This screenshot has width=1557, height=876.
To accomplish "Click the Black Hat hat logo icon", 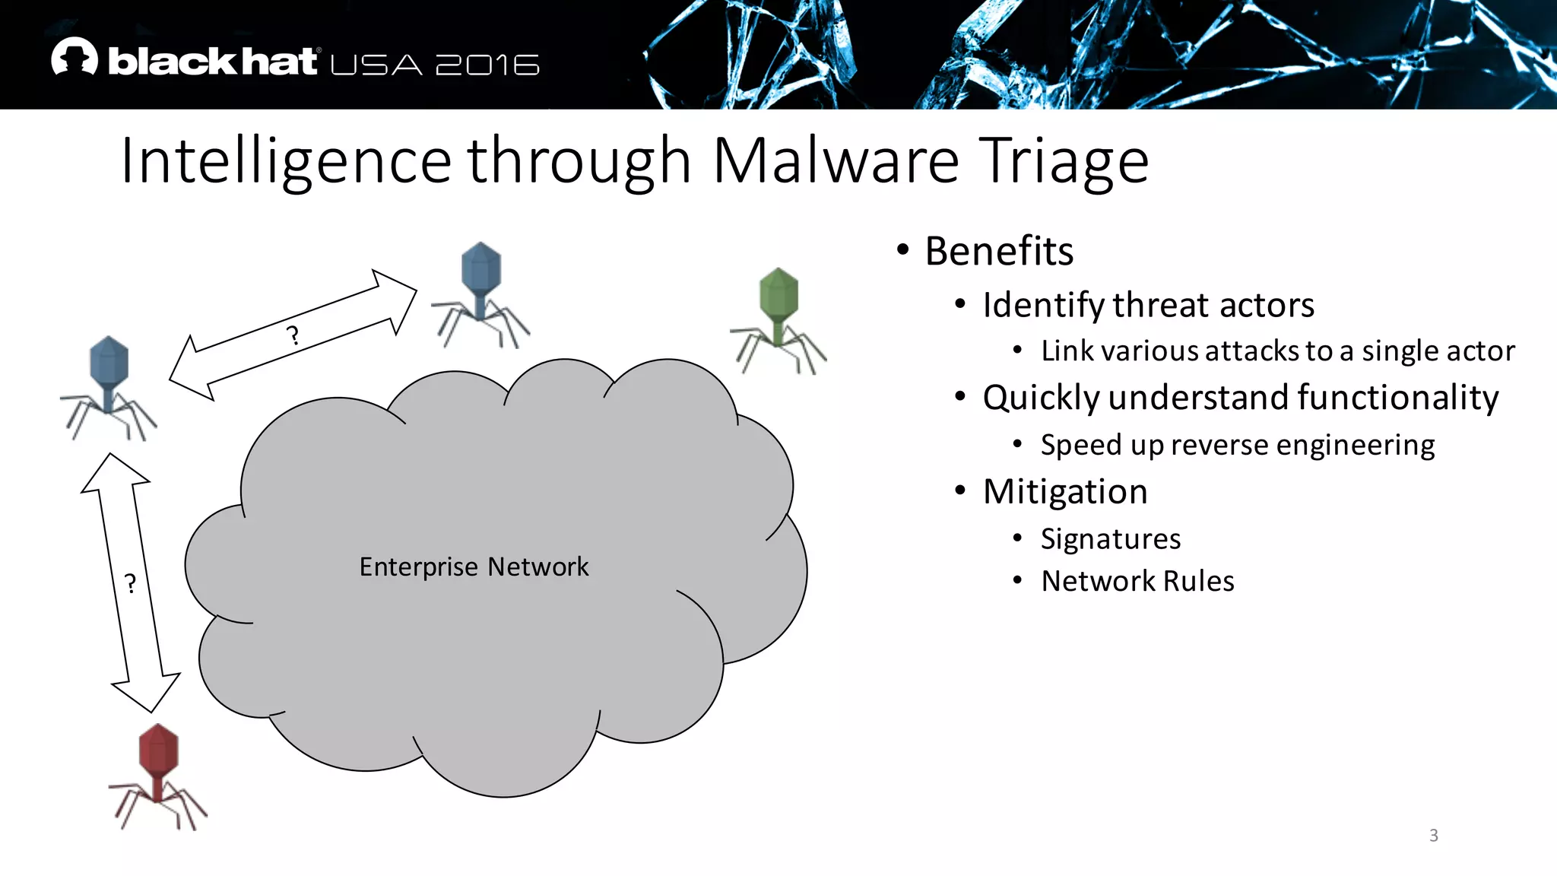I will tap(75, 58).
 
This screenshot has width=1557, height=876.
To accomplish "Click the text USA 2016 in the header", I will tap(435, 65).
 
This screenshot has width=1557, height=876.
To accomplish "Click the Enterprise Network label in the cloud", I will tap(474, 567).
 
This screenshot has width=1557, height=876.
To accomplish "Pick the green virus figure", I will tap(778, 319).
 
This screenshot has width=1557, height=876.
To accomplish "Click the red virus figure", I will tap(157, 776).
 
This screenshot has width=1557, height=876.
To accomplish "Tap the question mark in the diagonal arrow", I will tap(293, 335).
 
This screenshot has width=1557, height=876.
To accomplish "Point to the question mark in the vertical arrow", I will tap(131, 584).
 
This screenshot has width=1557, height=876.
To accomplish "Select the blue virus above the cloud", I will tap(480, 294).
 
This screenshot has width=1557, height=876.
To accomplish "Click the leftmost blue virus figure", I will tap(109, 388).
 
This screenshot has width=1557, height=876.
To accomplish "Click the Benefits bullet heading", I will tap(998, 251).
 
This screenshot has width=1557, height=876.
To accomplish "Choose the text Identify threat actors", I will tap(1148, 305).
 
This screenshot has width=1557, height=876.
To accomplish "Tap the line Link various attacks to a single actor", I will tap(1277, 351).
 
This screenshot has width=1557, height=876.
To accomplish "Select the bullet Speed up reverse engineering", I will tap(1237, 445).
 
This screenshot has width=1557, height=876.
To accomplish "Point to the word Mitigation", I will tap(1064, 491).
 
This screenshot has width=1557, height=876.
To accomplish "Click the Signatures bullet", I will tap(1110, 538).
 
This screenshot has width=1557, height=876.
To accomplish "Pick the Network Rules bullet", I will tap(1137, 581).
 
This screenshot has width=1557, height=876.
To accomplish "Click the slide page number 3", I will tap(1433, 835).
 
